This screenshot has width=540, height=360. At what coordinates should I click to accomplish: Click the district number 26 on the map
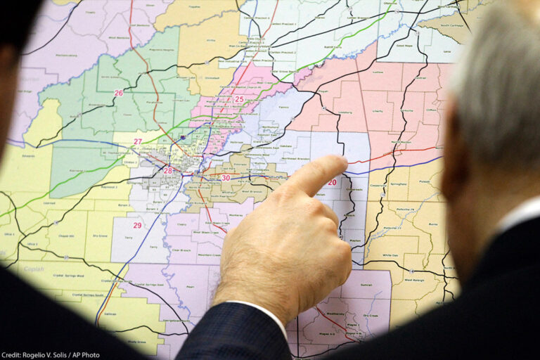point(118,93)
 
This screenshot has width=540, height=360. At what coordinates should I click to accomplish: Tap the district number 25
point(239,99)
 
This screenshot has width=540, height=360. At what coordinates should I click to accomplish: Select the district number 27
point(138,141)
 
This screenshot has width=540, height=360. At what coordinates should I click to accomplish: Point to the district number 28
point(167,170)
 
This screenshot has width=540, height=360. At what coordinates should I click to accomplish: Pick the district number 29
point(137,225)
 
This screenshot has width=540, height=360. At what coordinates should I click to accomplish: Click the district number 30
point(225,178)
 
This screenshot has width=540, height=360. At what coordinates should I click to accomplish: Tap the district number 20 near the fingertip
point(332,182)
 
